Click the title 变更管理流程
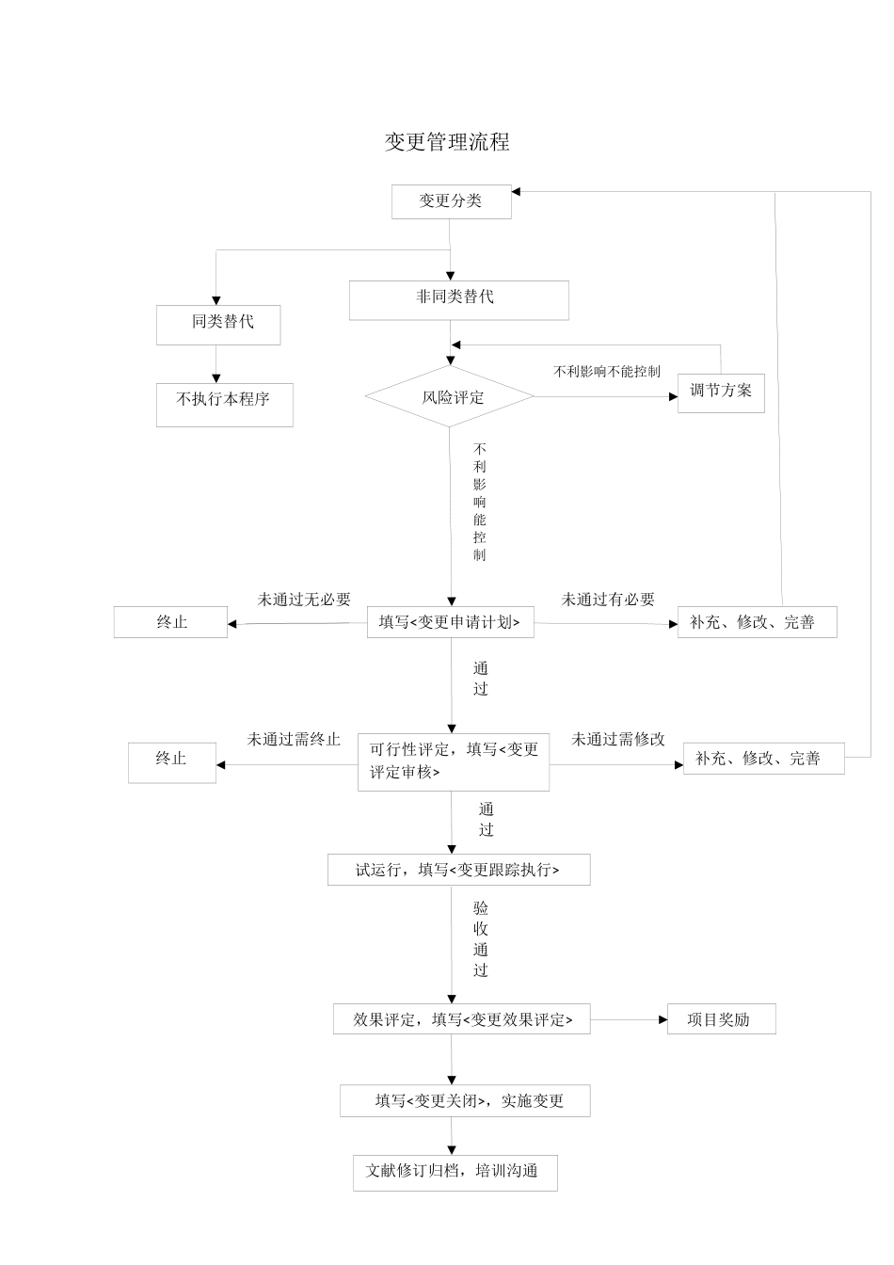(x=447, y=142)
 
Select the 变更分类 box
(x=451, y=201)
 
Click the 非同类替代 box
(x=458, y=299)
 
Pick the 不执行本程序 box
(x=224, y=404)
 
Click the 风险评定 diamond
(x=450, y=397)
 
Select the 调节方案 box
(x=721, y=392)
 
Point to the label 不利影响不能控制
(x=607, y=372)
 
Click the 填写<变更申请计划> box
(x=450, y=622)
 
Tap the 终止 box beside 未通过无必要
(x=170, y=622)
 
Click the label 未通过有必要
(x=608, y=600)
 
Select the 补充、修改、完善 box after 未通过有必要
(x=757, y=622)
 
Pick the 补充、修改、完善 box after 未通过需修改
(x=762, y=759)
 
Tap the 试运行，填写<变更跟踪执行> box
(x=458, y=870)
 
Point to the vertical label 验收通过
(x=481, y=938)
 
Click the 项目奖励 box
(x=721, y=1019)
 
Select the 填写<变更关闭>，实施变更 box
(x=465, y=1101)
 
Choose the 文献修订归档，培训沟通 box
(x=455, y=1173)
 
